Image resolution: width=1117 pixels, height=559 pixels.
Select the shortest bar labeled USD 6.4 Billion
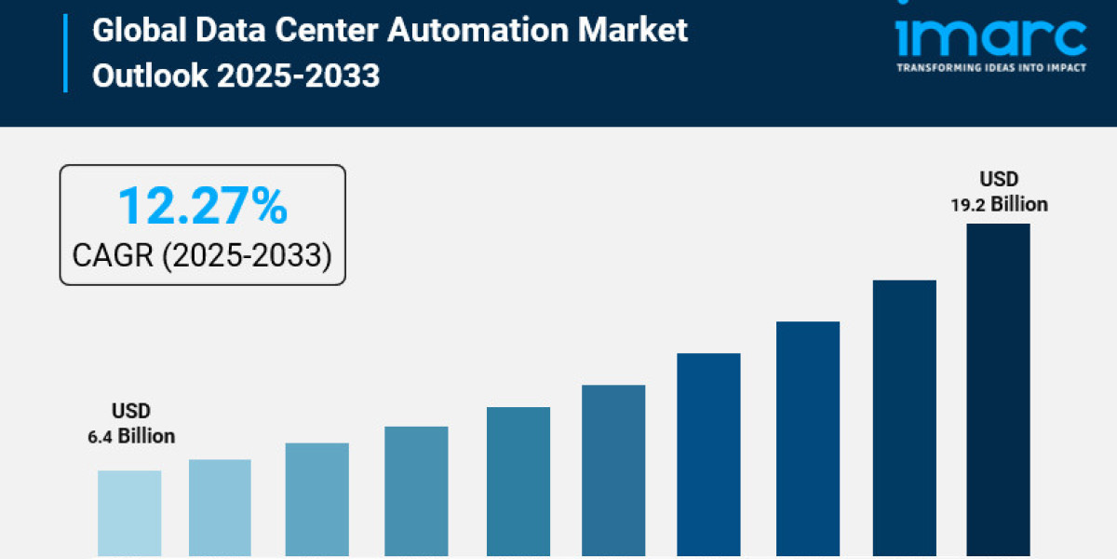coord(129,513)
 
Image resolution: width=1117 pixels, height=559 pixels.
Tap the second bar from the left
coord(220,508)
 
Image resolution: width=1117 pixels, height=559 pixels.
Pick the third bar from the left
coord(316,499)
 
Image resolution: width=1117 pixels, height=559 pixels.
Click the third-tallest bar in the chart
coord(808,439)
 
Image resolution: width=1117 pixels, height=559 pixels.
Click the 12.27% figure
coord(202,206)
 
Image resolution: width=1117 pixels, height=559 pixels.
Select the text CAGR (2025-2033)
coord(202,253)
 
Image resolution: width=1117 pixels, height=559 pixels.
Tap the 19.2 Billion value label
coord(999,204)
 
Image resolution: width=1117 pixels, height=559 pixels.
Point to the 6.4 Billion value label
coord(131,435)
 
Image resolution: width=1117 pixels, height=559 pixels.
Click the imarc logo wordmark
coord(990,37)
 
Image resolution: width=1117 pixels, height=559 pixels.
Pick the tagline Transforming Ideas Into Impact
coord(990,68)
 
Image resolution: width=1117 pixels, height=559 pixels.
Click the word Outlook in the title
coord(151,75)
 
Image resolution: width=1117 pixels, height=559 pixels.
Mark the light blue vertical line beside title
coord(65,52)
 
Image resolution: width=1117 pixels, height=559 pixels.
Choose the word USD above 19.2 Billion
coord(999,178)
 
